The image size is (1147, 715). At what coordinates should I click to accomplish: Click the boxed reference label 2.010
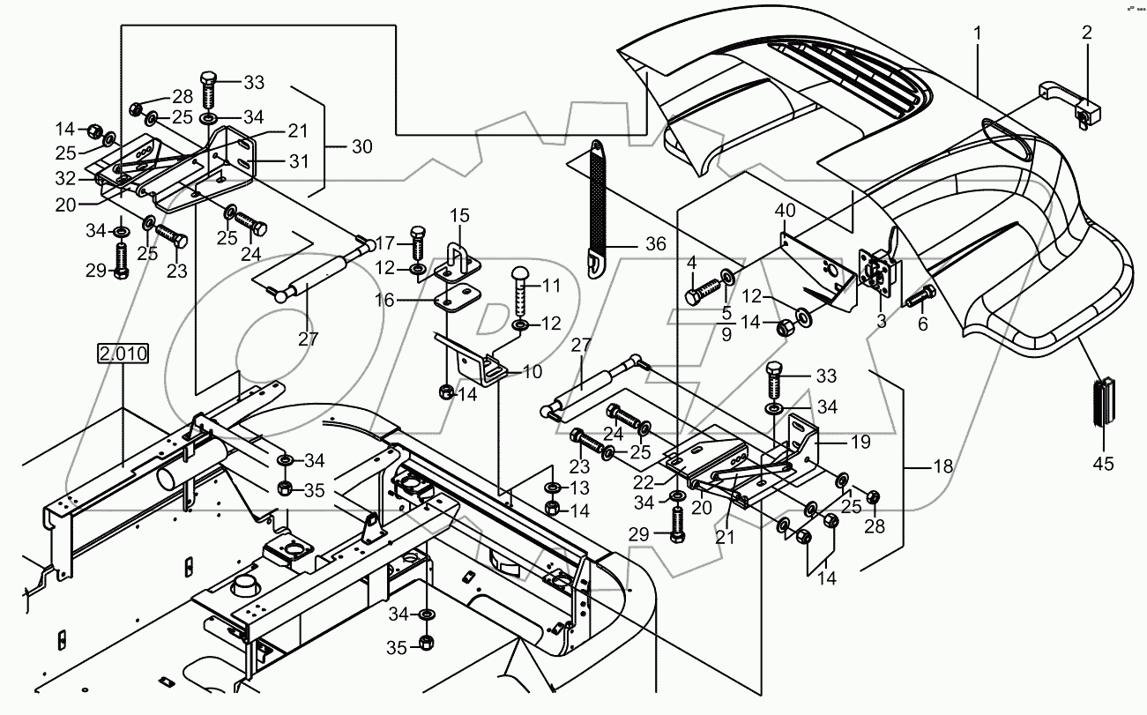pyautogui.click(x=123, y=354)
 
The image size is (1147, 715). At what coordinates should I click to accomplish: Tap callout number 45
pyautogui.click(x=1104, y=462)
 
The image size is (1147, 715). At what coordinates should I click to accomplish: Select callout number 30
pyautogui.click(x=362, y=147)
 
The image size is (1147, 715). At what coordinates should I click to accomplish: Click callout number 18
pyautogui.click(x=942, y=465)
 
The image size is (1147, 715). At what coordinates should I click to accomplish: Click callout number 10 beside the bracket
pyautogui.click(x=532, y=372)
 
